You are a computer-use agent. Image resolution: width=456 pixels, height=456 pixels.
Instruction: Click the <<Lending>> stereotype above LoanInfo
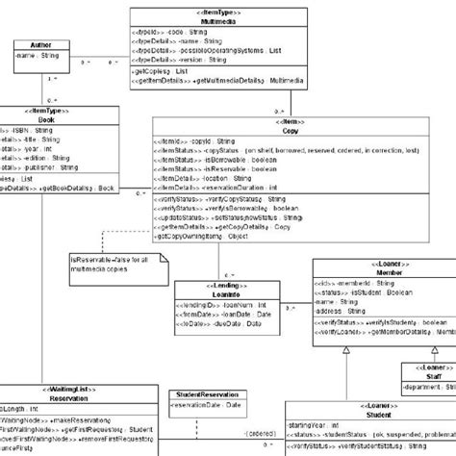tap(212, 286)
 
